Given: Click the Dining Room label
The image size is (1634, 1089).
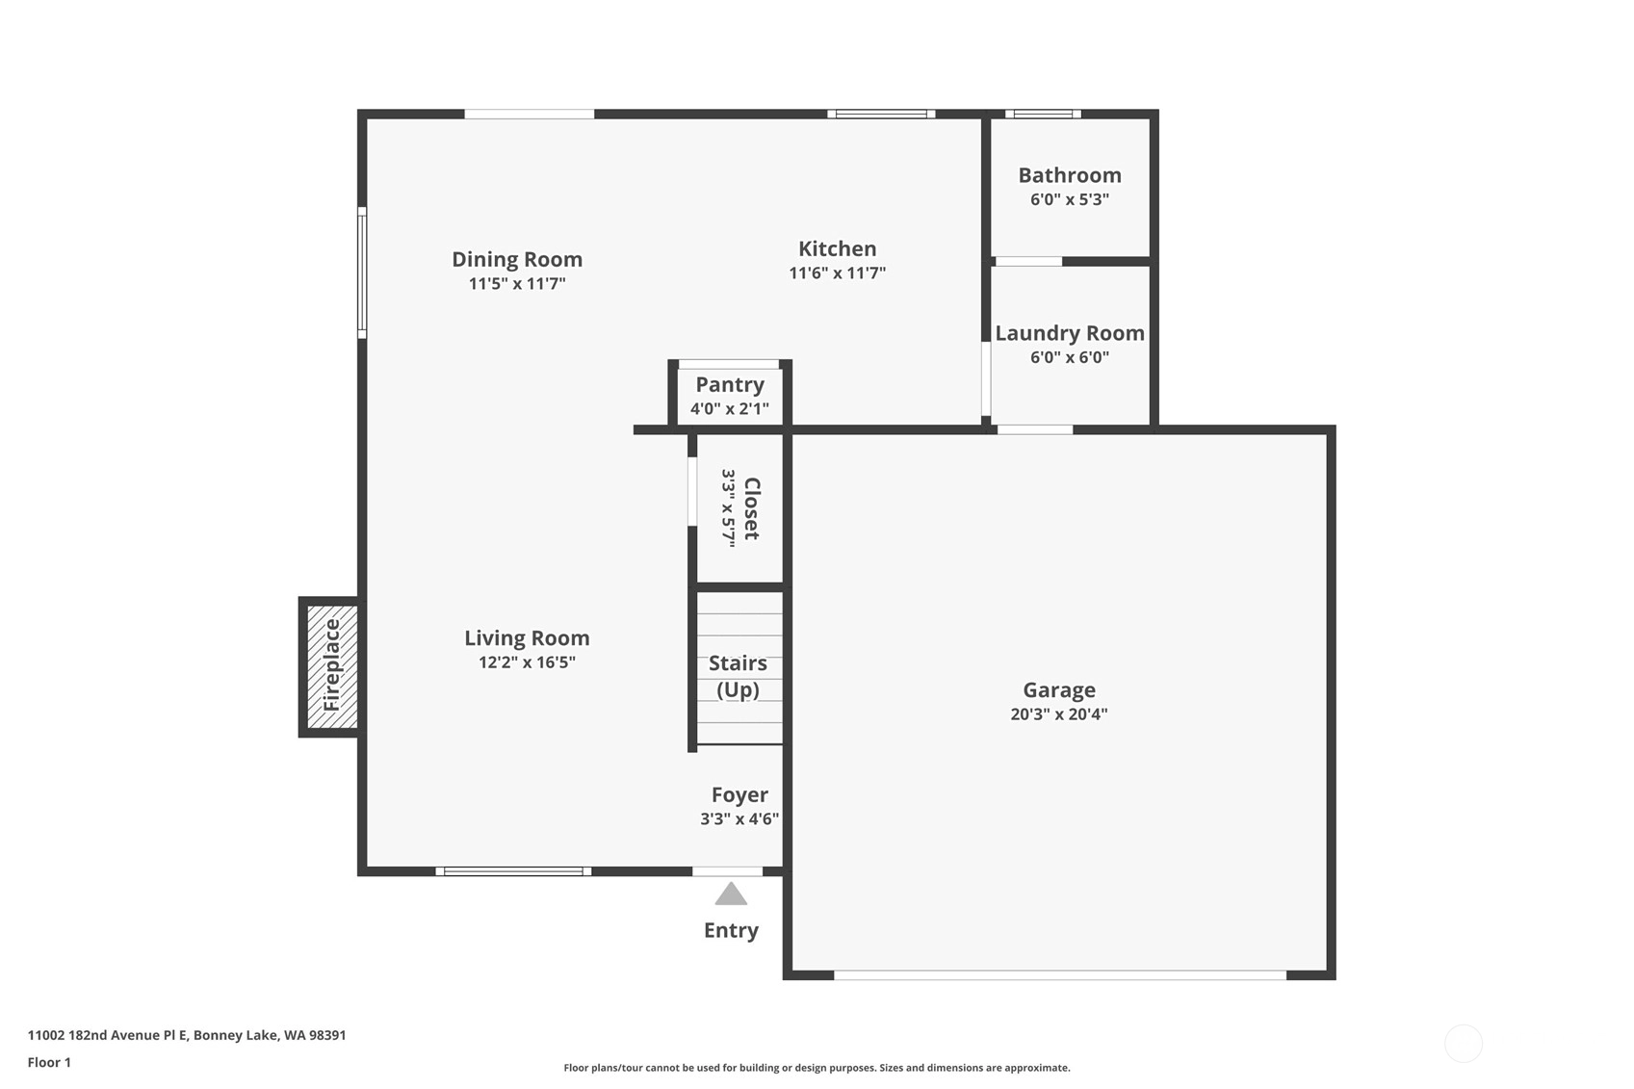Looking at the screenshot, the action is point(517,259).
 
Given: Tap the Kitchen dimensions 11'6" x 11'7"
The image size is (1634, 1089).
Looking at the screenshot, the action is point(838,272).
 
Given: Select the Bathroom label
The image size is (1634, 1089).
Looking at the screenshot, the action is point(1070,175).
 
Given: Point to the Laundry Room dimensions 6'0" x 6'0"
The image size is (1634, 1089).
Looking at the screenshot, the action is point(1070,356).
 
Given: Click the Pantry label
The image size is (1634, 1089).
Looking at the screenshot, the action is point(730,384).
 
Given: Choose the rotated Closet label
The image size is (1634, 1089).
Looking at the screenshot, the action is point(752,508).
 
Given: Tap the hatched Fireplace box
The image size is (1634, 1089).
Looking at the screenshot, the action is point(332,666).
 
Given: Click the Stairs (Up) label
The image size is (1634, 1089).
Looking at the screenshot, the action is point(739,676).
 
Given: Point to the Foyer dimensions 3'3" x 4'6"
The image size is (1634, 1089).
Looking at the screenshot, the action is point(739,819).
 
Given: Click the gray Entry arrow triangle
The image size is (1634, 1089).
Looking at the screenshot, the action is point(731,895).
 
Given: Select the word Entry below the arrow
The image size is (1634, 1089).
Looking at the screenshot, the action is point(731,931).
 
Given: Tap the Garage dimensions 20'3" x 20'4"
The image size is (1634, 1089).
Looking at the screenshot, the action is point(1059,714).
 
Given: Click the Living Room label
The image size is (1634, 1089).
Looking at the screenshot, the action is point(527,638).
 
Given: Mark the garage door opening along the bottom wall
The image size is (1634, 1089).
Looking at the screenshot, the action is point(1060,974).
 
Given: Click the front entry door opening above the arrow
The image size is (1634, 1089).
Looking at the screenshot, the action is point(727,870).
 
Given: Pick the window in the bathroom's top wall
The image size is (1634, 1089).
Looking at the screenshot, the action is point(1043,114).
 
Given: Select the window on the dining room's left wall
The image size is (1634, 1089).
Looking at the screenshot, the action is point(362,272).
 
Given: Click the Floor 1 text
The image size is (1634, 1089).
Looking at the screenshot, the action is point(50,1062).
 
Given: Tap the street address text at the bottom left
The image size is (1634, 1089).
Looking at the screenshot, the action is point(187,1035).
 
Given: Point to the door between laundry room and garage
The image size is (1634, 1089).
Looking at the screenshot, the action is point(1035,429).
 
